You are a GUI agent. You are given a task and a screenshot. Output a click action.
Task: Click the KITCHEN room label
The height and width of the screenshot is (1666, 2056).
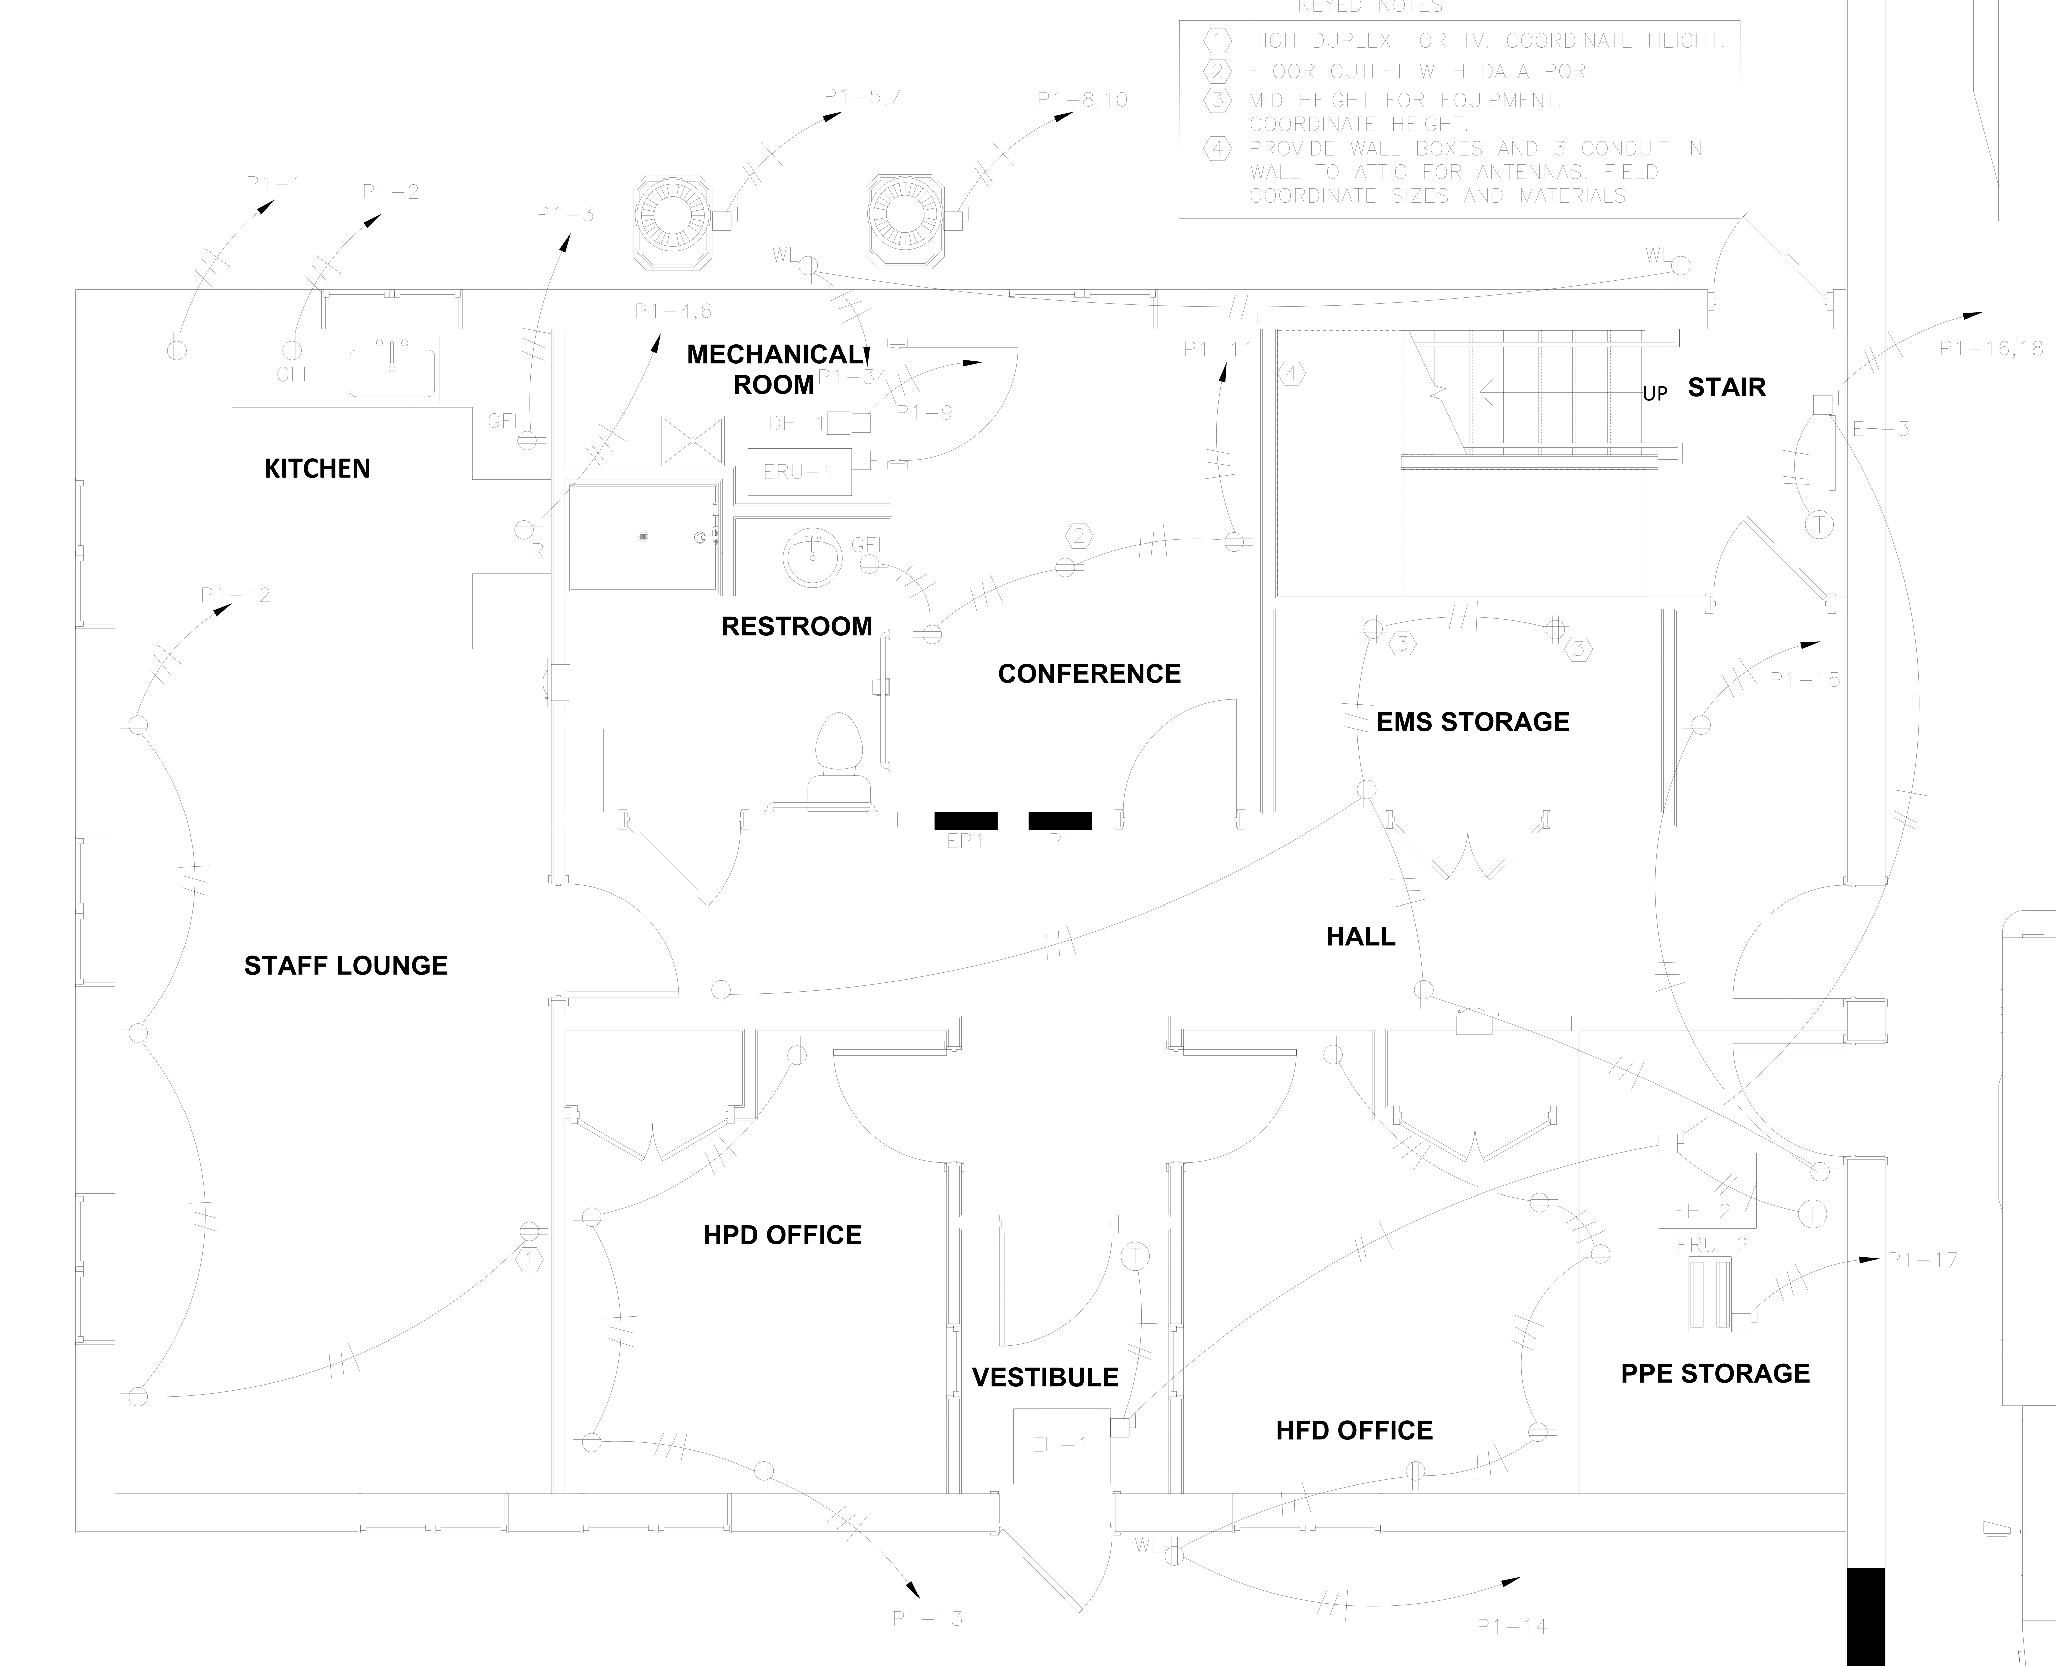[x=316, y=468]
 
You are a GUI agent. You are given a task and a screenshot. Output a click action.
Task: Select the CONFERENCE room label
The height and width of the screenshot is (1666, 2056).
[x=1089, y=674]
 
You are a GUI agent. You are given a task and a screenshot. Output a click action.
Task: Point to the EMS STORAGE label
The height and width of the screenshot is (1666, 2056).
[x=1473, y=722]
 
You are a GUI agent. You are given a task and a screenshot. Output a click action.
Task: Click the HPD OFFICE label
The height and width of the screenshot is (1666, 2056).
[x=782, y=1235]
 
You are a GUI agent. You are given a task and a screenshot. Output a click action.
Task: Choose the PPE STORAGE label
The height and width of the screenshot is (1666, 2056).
[x=1714, y=1373]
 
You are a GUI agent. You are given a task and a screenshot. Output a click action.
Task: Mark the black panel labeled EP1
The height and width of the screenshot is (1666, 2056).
[x=965, y=820]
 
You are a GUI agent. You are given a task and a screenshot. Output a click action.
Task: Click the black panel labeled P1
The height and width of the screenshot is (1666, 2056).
[x=1059, y=820]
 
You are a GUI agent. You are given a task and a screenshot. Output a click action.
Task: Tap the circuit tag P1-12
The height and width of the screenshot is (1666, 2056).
[x=235, y=595]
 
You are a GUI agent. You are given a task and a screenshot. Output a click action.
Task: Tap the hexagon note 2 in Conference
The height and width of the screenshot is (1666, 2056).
[x=1078, y=535]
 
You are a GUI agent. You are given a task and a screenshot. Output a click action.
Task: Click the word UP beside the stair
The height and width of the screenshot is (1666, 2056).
[x=1654, y=393]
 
